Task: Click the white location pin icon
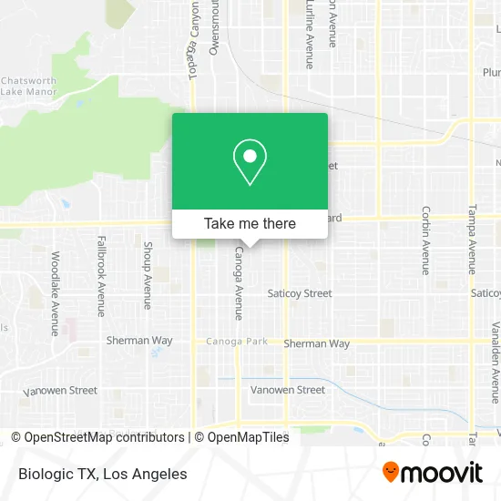tap(250, 162)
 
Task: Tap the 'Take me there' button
tap(250, 223)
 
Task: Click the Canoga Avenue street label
tap(239, 282)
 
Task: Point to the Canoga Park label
tap(236, 342)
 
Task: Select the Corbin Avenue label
tap(425, 240)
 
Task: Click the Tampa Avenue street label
tap(472, 239)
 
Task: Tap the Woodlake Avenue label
tap(55, 293)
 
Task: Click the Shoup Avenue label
tap(148, 274)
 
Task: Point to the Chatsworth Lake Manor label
tap(29, 85)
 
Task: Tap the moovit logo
tap(432, 472)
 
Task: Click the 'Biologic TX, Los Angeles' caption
tap(102, 474)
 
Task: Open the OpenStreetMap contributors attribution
tap(103, 437)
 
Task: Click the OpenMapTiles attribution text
tap(248, 437)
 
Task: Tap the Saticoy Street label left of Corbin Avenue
tap(300, 293)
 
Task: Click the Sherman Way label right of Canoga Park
tap(316, 343)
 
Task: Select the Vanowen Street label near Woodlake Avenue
tap(60, 390)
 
